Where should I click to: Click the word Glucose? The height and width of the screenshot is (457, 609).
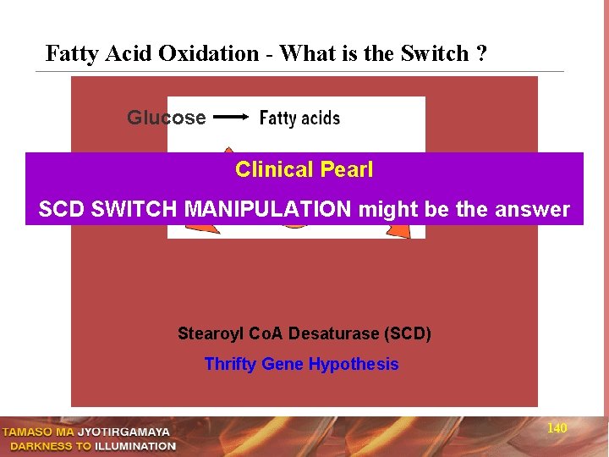(x=166, y=118)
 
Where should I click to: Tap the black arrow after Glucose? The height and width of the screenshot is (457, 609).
(x=230, y=118)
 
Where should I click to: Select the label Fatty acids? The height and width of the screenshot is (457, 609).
(x=299, y=118)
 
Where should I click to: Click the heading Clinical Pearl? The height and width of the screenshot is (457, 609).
(x=304, y=169)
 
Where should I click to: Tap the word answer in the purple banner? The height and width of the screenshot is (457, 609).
(x=535, y=209)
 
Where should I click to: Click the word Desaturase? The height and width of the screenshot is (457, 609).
(x=333, y=333)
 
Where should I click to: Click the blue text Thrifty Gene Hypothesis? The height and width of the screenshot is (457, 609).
(x=301, y=364)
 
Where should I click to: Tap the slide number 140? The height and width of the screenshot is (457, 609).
(x=557, y=428)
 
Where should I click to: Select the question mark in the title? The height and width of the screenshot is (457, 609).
(x=481, y=53)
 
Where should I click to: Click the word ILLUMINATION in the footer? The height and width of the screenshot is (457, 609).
(x=134, y=446)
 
